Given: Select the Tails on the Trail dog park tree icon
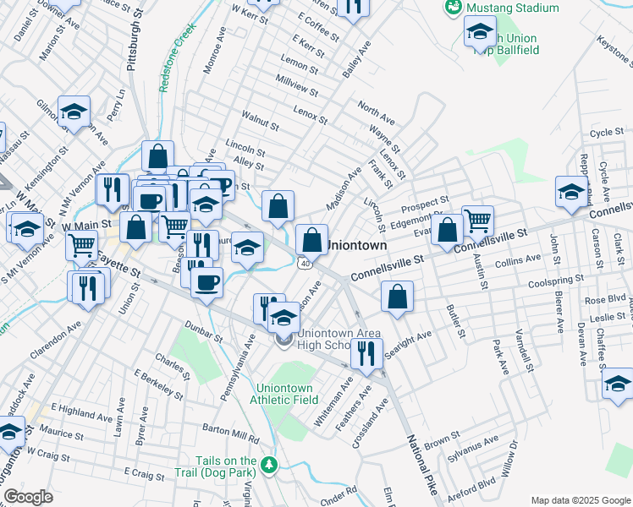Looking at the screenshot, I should pos(269,465).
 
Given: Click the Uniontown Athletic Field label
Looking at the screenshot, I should pos(287,394).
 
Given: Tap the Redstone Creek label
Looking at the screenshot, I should pos(175,57).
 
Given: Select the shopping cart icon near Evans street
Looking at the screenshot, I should pos(478,221).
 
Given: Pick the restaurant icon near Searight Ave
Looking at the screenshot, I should pos(366,353).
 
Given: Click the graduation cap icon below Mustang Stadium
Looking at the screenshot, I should pos(480,33).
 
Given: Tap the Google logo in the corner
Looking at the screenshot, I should pos(27,497).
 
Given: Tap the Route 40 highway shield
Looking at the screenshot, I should pos(304,264).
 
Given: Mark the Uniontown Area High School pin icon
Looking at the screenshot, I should pos(283,339).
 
